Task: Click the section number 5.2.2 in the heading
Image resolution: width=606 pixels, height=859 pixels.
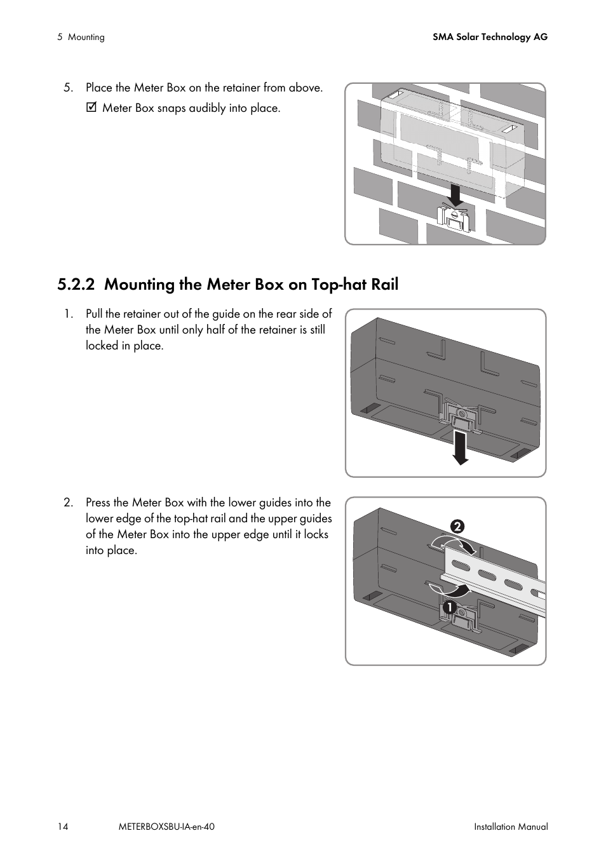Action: (76, 285)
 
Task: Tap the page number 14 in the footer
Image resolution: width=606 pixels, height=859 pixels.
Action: (62, 827)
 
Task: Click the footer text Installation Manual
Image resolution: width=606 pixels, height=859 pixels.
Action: (511, 827)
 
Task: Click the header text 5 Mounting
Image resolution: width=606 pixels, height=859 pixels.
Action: (81, 37)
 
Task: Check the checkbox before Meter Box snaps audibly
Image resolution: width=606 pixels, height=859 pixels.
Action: (91, 108)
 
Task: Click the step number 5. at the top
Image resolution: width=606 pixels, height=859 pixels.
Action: (68, 88)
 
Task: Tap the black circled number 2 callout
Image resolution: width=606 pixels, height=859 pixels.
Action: (457, 527)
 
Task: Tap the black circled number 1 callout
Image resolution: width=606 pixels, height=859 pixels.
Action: (448, 607)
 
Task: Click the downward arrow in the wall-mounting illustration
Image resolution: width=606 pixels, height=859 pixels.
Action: (454, 194)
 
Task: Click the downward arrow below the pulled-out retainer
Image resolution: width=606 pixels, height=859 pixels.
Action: (460, 447)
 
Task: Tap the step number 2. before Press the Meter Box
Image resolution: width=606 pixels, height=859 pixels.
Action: (68, 503)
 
